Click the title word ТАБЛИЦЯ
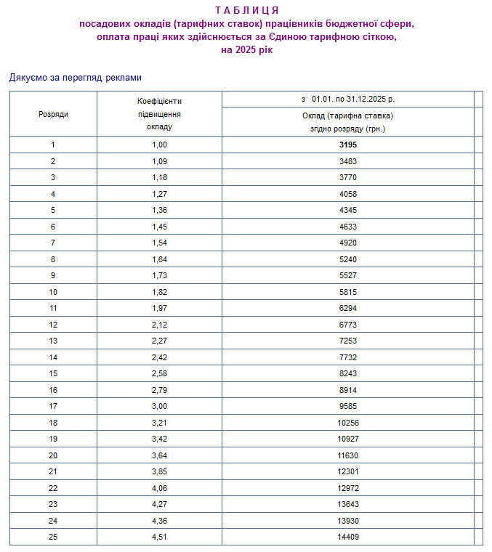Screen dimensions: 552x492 pyautogui.click(x=247, y=10)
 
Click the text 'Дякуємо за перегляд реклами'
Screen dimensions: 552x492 pyautogui.click(x=76, y=77)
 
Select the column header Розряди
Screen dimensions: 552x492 pyautogui.click(x=53, y=114)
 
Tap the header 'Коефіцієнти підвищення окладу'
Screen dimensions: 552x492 pyautogui.click(x=159, y=114)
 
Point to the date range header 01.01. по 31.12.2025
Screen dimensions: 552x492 pyautogui.click(x=347, y=100)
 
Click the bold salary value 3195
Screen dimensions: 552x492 pyautogui.click(x=348, y=145)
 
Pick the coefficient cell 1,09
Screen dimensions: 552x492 pyautogui.click(x=159, y=161)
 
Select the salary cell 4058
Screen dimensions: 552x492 pyautogui.click(x=348, y=194)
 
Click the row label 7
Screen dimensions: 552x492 pyautogui.click(x=53, y=243)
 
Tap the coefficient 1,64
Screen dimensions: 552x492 pyautogui.click(x=159, y=259)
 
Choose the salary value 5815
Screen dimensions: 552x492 pyautogui.click(x=348, y=292)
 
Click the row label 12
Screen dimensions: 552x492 pyautogui.click(x=53, y=325)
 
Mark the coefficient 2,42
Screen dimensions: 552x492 pyautogui.click(x=159, y=357)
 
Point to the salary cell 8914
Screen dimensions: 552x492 pyautogui.click(x=348, y=390)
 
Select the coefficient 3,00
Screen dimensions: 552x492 pyautogui.click(x=159, y=406)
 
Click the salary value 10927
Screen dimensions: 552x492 pyautogui.click(x=348, y=439)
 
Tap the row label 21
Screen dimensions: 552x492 pyautogui.click(x=53, y=471)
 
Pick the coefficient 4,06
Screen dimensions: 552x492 pyautogui.click(x=159, y=488)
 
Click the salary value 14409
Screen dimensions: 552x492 pyautogui.click(x=348, y=537)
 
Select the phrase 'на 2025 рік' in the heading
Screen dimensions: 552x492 pyautogui.click(x=247, y=50)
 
